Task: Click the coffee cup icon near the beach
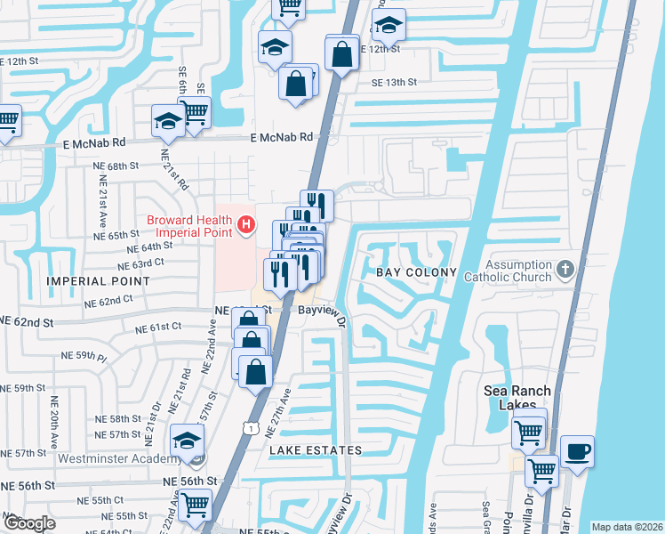577,452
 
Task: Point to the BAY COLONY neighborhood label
416,272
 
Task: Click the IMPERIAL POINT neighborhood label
86,281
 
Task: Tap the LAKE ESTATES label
316,451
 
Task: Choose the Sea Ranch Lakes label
517,397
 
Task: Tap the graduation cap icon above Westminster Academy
187,441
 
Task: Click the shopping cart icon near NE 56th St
195,505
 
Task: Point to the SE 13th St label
394,83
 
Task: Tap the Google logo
30,523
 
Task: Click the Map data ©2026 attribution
627,527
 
